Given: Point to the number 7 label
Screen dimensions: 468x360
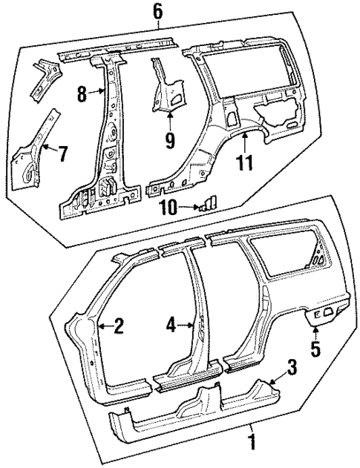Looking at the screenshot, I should (62, 154).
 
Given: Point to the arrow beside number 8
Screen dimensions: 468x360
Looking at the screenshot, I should (97, 93).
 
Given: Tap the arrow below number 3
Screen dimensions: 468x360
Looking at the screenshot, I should (281, 380).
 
